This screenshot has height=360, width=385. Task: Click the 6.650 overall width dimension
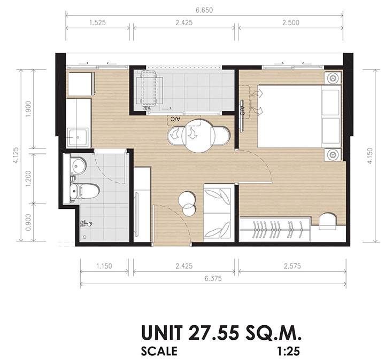click(204, 10)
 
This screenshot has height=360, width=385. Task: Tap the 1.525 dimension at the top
click(97, 23)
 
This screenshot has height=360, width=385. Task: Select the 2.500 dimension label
click(291, 23)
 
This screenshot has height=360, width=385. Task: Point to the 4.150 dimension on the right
click(370, 156)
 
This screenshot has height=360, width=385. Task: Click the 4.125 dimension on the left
click(16, 155)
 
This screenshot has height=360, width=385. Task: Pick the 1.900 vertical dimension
click(28, 109)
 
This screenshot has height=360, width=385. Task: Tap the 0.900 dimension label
click(28, 222)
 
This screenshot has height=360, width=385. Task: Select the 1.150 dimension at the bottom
click(104, 266)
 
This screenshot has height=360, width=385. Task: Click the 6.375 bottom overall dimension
click(213, 278)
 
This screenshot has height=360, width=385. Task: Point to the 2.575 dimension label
click(292, 266)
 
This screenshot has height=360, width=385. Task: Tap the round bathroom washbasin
click(78, 166)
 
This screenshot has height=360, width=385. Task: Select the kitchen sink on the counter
click(78, 138)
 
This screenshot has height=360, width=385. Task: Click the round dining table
click(198, 136)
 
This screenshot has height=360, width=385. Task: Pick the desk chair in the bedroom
click(327, 221)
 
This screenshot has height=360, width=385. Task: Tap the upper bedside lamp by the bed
click(333, 78)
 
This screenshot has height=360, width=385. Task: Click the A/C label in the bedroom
click(242, 111)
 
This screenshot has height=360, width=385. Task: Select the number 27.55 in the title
click(213, 333)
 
